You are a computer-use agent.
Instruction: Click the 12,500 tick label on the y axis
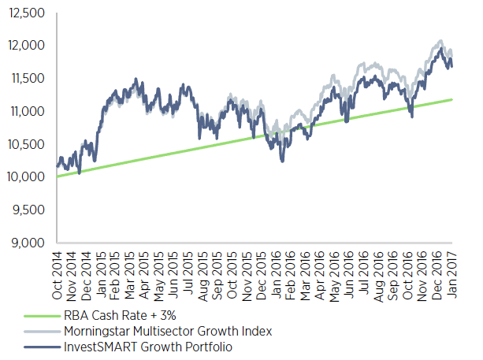pos(27,13)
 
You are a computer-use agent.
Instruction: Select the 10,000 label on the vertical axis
pos(27,177)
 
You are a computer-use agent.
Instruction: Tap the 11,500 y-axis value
pos(27,78)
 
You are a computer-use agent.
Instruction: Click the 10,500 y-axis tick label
pos(27,144)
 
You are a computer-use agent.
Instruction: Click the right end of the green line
pos(451,99)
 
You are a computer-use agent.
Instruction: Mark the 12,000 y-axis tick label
pos(27,46)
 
